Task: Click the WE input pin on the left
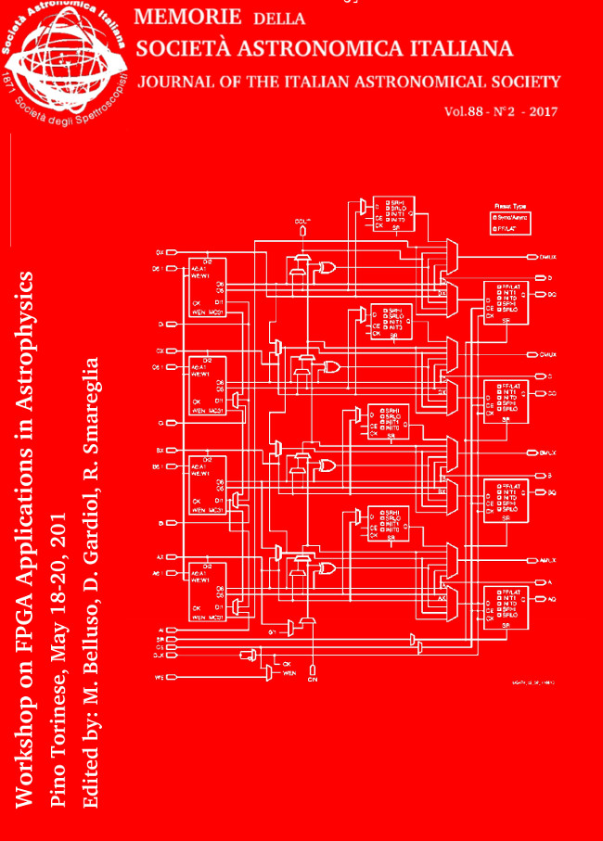pyautogui.click(x=159, y=678)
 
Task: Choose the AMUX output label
pyautogui.click(x=546, y=561)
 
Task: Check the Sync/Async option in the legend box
pyautogui.click(x=511, y=216)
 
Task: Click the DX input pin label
pyautogui.click(x=160, y=251)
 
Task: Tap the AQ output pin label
pyautogui.click(x=550, y=599)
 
